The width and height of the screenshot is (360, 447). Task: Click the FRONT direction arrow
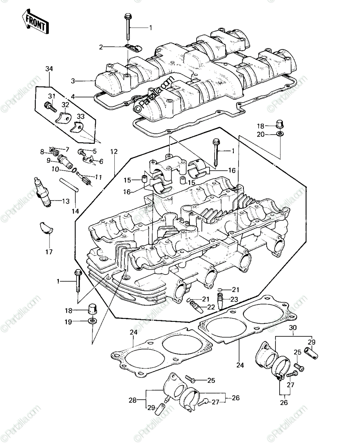click(35, 21)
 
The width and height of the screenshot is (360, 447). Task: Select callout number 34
click(49, 69)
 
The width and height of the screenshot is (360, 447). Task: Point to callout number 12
click(114, 152)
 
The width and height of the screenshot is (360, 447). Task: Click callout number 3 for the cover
click(73, 81)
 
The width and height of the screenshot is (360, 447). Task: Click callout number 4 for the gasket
click(73, 96)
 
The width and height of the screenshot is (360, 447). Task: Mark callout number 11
click(99, 177)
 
